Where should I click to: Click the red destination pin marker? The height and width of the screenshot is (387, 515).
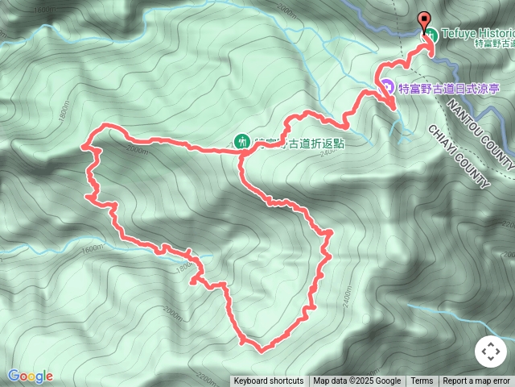(425, 21)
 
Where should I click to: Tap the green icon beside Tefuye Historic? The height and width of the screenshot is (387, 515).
(432, 35)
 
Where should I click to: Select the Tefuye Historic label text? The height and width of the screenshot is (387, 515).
(476, 35)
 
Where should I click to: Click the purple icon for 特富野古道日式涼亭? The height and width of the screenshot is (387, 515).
(387, 85)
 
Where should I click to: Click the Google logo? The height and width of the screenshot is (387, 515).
(30, 376)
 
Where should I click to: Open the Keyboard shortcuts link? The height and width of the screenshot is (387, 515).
(269, 381)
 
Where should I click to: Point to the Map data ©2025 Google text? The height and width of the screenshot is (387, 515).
(357, 381)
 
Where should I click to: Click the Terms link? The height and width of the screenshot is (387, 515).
(422, 381)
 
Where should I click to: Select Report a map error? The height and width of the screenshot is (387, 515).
(477, 381)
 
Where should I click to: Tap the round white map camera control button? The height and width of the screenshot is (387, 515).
(490, 352)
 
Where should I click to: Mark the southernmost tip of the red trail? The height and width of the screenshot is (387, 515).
(260, 350)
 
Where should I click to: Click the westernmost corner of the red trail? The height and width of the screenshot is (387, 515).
(84, 146)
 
